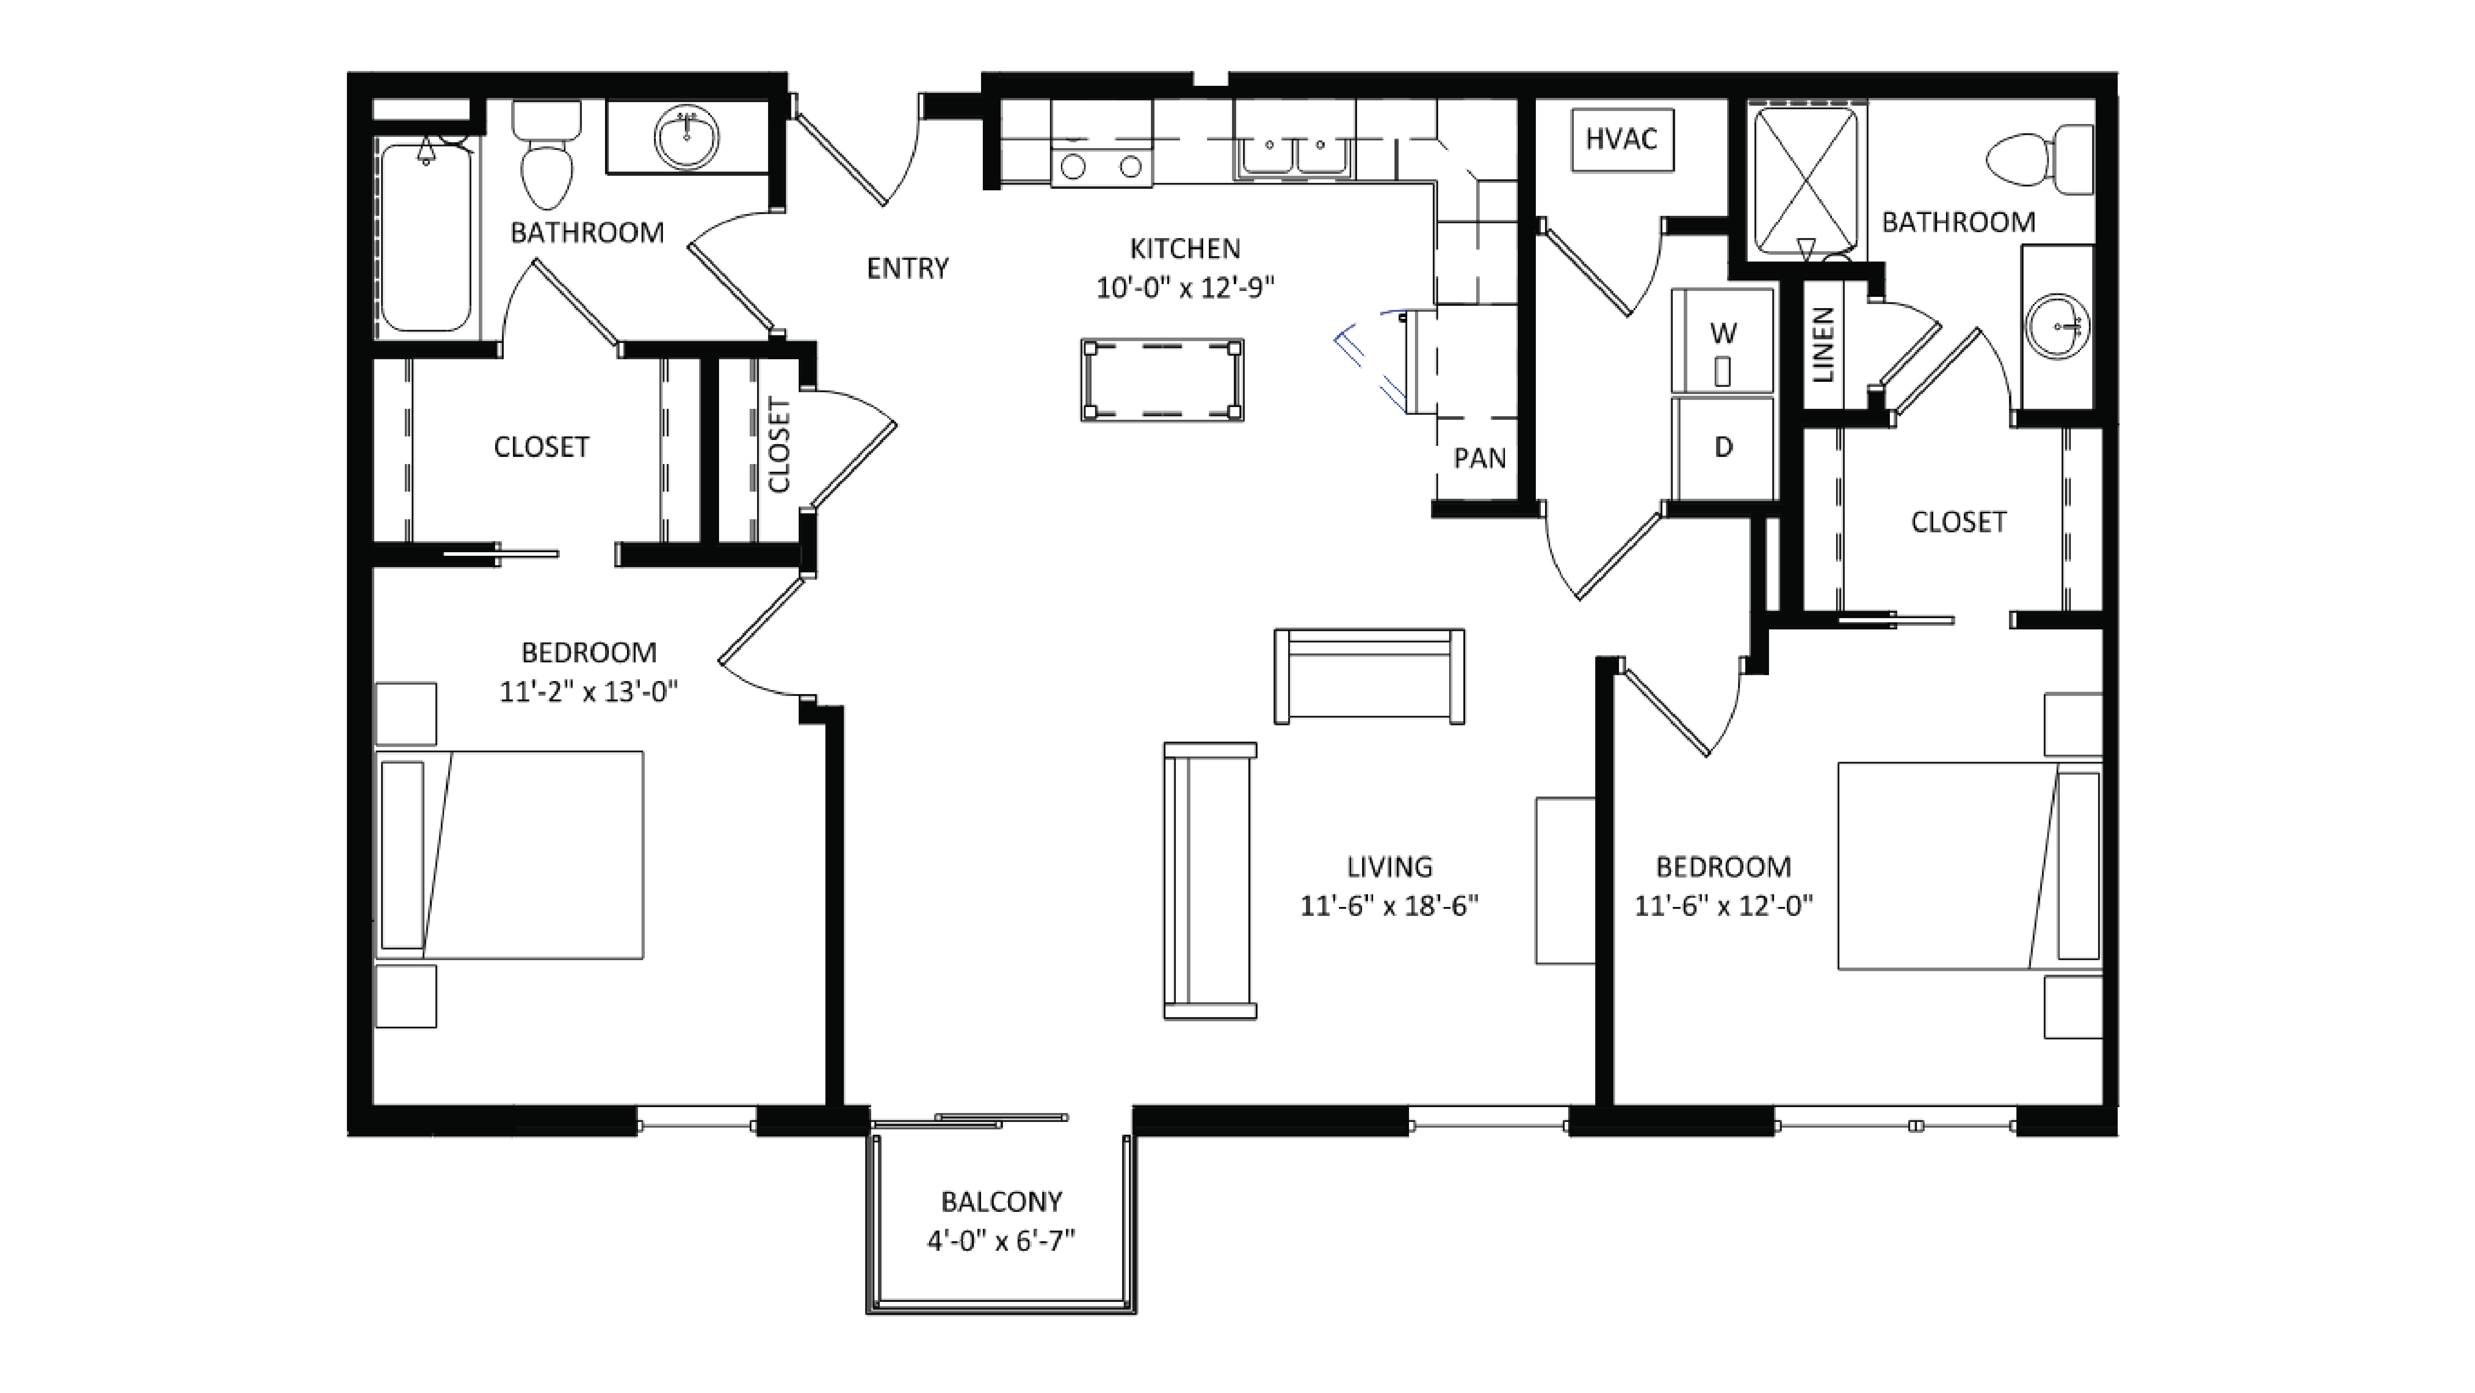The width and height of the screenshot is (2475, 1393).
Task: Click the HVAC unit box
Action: pyautogui.click(x=1622, y=140)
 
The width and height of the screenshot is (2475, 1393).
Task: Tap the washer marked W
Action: pyautogui.click(x=1723, y=341)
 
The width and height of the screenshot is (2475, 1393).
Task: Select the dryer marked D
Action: pyautogui.click(x=1723, y=448)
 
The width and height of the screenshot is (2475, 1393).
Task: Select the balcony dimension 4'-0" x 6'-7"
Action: pyautogui.click(x=1000, y=1241)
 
